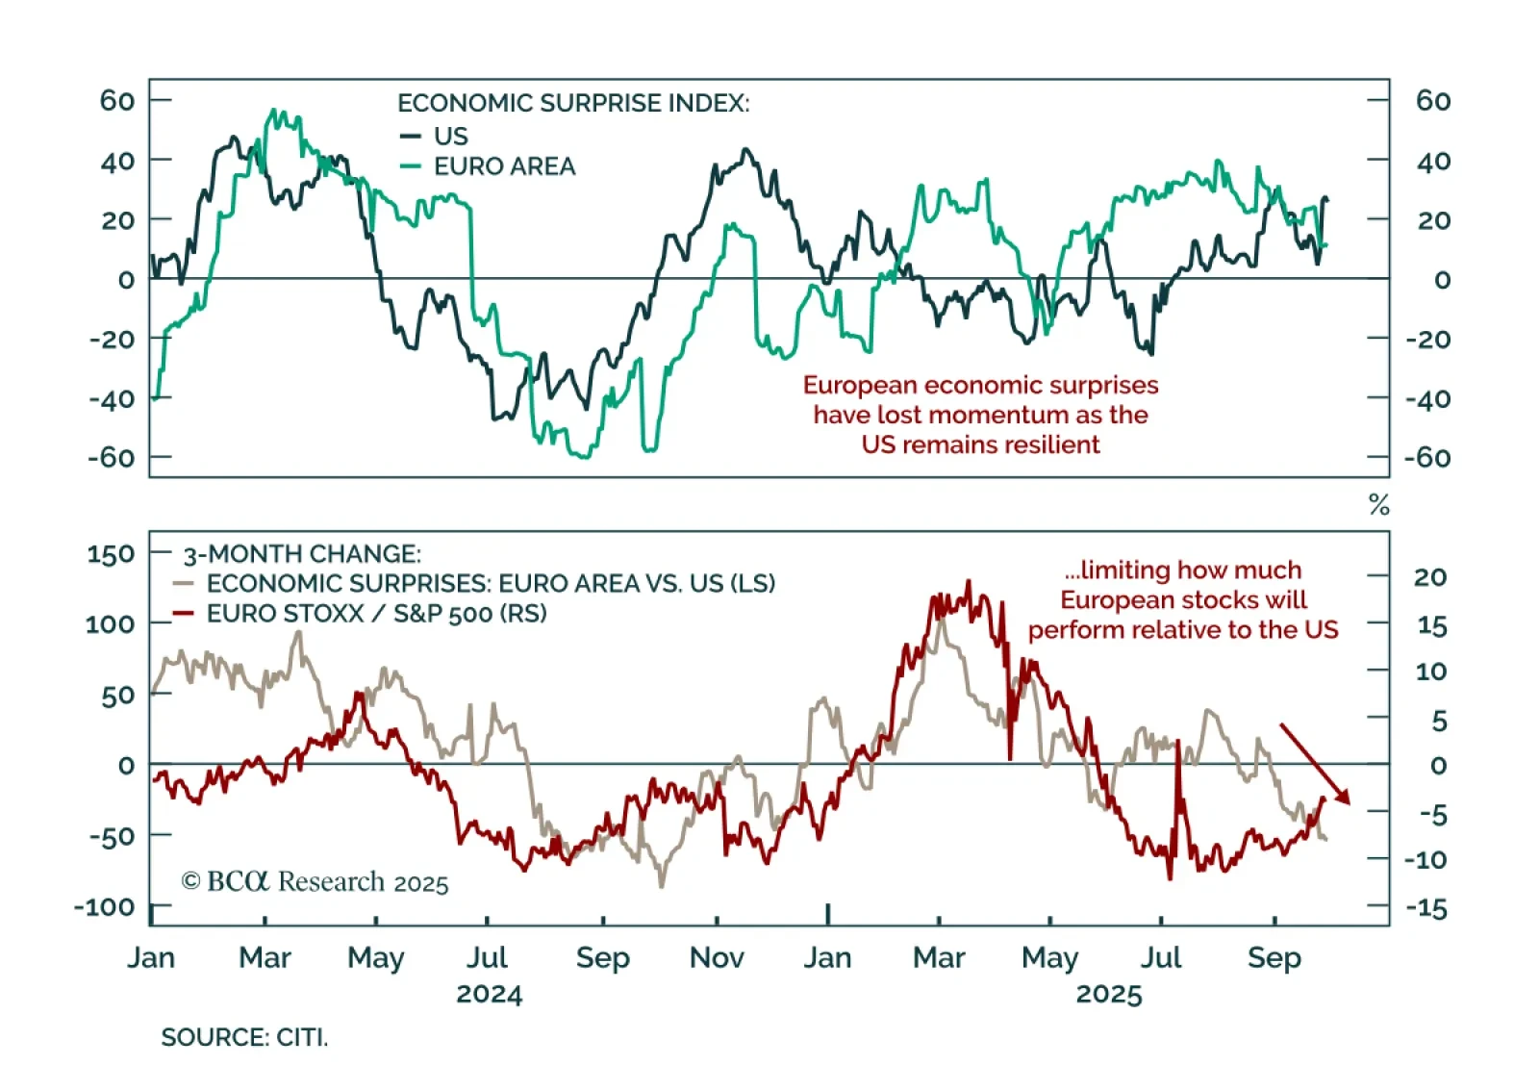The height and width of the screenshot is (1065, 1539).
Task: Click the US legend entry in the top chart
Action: point(450,136)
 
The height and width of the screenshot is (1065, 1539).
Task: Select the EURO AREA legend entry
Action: point(504,166)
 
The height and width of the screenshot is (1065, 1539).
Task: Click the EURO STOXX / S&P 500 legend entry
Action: point(376,614)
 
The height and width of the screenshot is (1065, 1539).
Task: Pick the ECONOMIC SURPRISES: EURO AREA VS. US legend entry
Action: point(491,583)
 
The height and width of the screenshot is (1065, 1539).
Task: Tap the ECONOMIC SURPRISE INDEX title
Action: point(573,103)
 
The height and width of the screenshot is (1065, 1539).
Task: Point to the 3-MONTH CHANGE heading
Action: point(302,554)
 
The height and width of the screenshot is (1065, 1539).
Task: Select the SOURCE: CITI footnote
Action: point(244,1037)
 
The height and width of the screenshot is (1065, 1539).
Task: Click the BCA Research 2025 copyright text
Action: point(315,882)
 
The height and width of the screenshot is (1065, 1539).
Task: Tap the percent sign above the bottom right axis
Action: point(1379,505)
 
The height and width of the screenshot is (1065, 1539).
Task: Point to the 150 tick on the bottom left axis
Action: point(111,554)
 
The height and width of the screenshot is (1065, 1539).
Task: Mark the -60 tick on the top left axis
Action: point(112,457)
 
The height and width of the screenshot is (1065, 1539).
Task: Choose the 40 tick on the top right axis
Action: point(1432,161)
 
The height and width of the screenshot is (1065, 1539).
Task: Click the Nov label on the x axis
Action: point(717,957)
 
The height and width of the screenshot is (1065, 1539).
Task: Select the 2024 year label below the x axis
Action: point(489,994)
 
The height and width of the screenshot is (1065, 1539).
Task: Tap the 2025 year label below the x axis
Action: point(1108,994)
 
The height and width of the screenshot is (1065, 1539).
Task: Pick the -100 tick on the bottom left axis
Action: point(105,906)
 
